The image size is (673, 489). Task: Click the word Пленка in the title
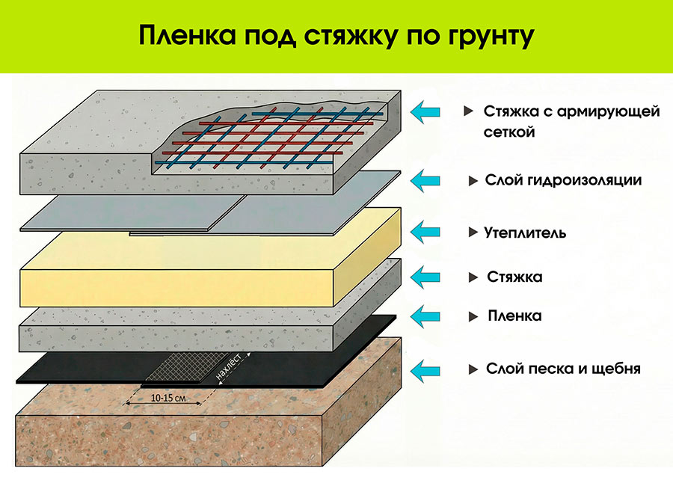pos(187,35)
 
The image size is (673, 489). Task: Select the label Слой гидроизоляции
pos(563,180)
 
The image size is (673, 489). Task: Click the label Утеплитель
pos(526,233)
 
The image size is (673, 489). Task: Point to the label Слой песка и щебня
pos(563,369)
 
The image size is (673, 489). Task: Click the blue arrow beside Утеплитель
pos(425,233)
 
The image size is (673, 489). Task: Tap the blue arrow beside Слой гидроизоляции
pos(425,180)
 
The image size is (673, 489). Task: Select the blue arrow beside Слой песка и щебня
pos(425,370)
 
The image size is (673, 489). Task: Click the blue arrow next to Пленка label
pos(425,316)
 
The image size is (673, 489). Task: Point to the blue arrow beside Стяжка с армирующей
pos(425,111)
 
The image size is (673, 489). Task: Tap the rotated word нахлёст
pos(229,366)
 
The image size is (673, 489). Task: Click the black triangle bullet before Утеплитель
pos(473,233)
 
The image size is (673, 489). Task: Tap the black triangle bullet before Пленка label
pos(473,317)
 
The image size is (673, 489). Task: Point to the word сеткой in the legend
pos(509,132)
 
